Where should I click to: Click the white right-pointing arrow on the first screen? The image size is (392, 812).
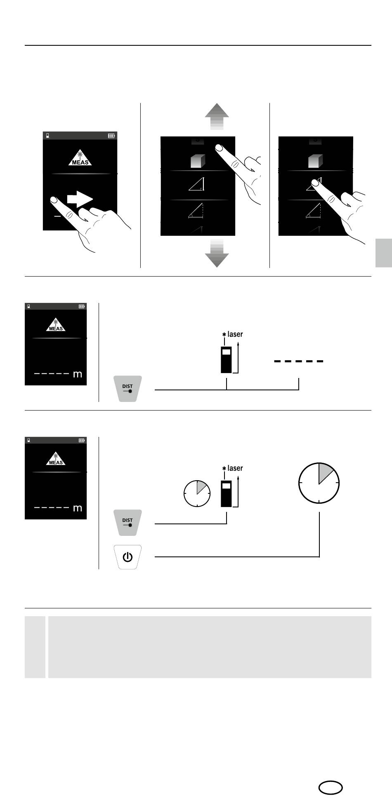[80, 200]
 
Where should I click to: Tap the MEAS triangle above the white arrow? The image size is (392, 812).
[80, 157]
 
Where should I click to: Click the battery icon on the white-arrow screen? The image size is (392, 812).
[111, 135]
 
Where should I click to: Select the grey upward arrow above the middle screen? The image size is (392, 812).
[217, 117]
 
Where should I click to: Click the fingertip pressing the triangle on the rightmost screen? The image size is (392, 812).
[315, 182]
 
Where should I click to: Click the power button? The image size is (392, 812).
[128, 557]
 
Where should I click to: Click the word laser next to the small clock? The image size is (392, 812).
[235, 468]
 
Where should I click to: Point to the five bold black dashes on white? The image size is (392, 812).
[299, 361]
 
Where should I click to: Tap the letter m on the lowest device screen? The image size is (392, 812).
[77, 509]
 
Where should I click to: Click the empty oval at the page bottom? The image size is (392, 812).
[331, 787]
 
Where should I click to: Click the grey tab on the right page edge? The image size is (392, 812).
[384, 253]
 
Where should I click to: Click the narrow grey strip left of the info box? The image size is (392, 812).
[35, 647]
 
